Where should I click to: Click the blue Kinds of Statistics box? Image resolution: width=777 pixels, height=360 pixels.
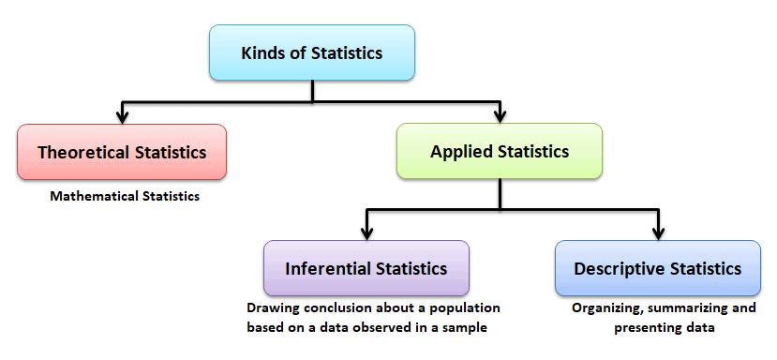(311, 52)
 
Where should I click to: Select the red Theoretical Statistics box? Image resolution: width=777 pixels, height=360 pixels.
(121, 152)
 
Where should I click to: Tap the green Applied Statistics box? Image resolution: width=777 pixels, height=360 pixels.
(499, 150)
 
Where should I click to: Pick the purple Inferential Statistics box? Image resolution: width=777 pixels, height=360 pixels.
(366, 269)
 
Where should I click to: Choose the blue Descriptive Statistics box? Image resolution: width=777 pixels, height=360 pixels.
(657, 269)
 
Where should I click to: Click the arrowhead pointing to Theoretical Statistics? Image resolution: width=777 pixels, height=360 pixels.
(122, 116)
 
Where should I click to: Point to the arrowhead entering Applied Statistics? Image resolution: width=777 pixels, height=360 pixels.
(500, 116)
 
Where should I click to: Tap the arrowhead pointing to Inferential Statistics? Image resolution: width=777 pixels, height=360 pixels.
(366, 232)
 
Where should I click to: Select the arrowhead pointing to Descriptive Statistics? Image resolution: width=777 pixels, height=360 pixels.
(659, 232)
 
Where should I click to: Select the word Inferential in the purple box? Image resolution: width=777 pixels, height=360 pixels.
(326, 269)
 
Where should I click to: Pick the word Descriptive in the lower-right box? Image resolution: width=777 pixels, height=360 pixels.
(620, 269)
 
